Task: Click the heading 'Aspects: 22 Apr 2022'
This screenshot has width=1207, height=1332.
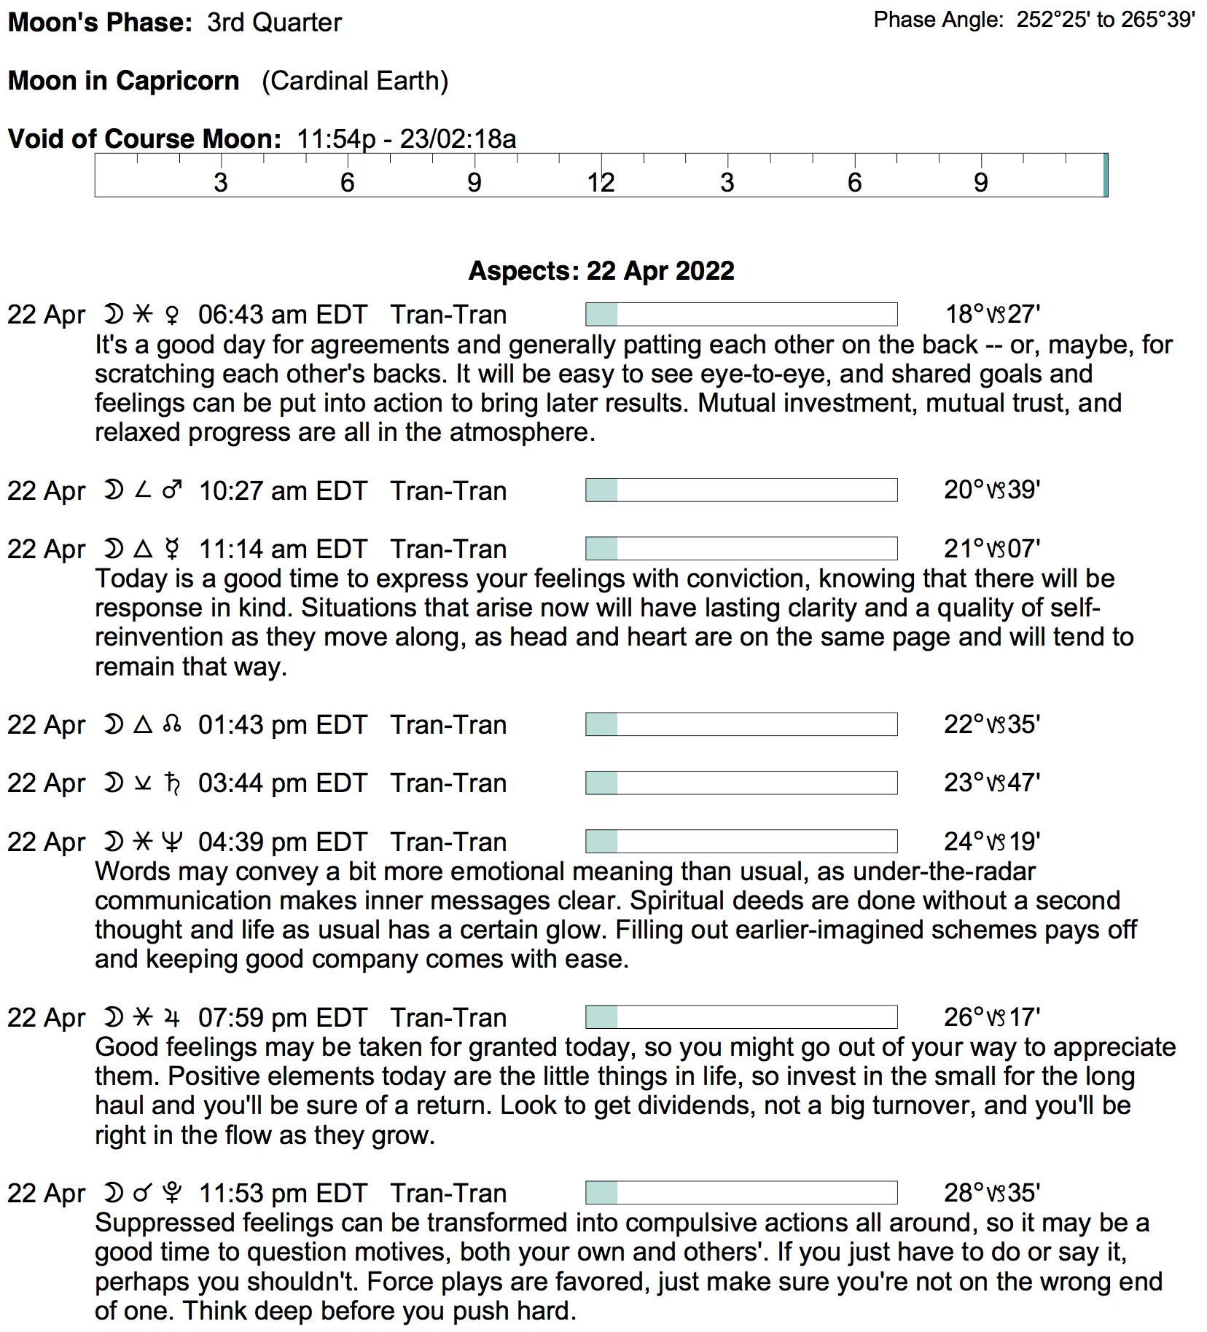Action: [601, 271]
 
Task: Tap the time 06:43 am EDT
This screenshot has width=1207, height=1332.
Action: [283, 315]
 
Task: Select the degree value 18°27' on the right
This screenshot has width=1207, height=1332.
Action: [992, 315]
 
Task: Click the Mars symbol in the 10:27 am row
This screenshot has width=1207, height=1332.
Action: [173, 490]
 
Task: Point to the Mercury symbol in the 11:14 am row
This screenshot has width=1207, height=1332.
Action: [172, 549]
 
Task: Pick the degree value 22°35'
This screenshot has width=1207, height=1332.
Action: [992, 724]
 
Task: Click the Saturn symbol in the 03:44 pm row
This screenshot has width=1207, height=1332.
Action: [172, 783]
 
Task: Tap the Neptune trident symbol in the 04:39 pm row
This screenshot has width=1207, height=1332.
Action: [172, 842]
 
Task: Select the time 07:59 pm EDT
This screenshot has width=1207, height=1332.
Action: [283, 1017]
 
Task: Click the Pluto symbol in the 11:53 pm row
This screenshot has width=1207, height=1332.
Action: [172, 1193]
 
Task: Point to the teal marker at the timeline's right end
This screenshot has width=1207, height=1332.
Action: [1106, 176]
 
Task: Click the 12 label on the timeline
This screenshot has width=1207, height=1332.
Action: [601, 182]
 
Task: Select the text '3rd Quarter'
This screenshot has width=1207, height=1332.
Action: [274, 23]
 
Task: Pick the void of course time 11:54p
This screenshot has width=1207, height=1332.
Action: [336, 139]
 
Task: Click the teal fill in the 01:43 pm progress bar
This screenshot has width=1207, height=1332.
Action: [602, 724]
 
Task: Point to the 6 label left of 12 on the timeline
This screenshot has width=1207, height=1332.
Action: [348, 182]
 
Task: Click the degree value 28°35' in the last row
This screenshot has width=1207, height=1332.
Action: [992, 1193]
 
